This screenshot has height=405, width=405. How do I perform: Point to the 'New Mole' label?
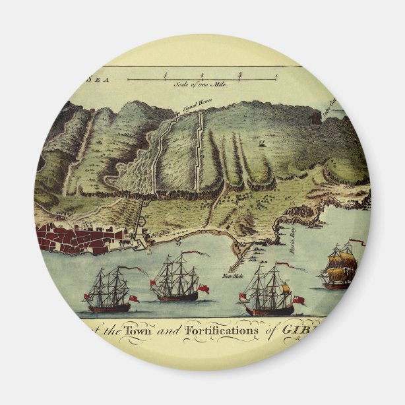(234, 275)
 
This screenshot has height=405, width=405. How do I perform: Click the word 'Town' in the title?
(152, 330)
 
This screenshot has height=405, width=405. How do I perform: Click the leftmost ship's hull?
(109, 307)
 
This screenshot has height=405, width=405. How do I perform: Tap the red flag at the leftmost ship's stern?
(133, 299)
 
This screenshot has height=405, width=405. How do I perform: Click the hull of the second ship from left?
(176, 297)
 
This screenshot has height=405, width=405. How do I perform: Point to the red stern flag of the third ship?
(299, 301)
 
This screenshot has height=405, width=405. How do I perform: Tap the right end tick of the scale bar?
(275, 78)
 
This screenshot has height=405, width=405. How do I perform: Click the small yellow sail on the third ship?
(286, 288)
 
